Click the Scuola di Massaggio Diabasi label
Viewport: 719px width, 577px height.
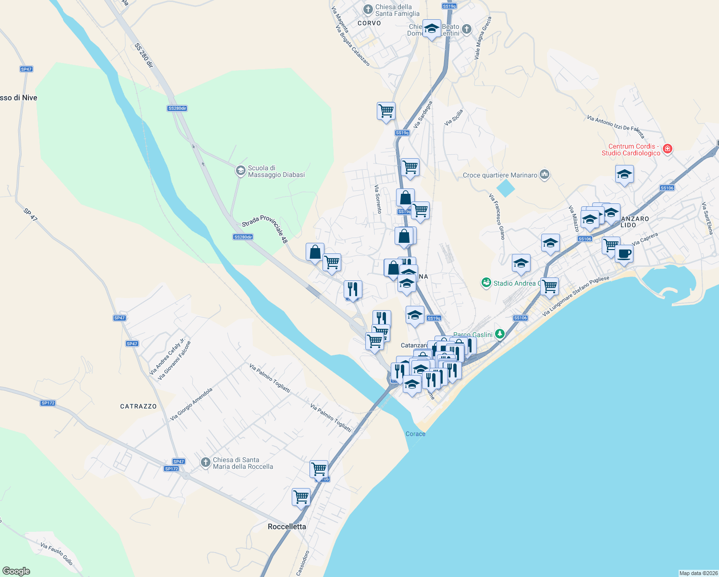click(x=276, y=172)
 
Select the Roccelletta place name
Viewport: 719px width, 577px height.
click(x=287, y=527)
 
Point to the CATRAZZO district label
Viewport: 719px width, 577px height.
click(x=138, y=406)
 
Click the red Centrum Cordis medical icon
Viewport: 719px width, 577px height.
click(x=667, y=149)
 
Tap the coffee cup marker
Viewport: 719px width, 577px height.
click(x=624, y=253)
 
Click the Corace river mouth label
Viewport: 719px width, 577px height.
click(x=415, y=434)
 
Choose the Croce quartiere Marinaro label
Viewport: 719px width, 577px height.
click(x=500, y=175)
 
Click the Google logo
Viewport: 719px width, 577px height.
click(x=16, y=571)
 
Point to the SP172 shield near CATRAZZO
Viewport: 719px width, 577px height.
click(x=48, y=403)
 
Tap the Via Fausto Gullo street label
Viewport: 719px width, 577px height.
click(x=57, y=554)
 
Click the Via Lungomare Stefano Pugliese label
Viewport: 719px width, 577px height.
click(x=576, y=296)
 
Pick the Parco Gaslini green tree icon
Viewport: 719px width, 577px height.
click(x=500, y=334)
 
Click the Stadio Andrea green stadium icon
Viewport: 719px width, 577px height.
click(x=486, y=283)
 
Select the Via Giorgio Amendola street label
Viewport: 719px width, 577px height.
click(x=191, y=404)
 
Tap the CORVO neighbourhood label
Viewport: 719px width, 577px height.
click(x=369, y=23)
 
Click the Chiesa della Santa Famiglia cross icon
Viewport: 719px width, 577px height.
click(x=368, y=10)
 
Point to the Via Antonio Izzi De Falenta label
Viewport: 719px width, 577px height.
click(x=615, y=126)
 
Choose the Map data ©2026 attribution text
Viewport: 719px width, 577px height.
click(x=698, y=573)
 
